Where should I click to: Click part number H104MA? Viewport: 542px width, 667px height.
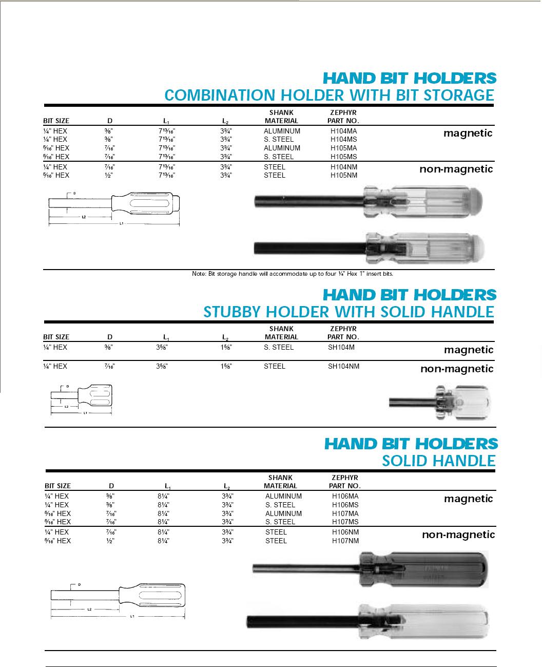pos(344,131)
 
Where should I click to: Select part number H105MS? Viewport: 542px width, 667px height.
pos(344,157)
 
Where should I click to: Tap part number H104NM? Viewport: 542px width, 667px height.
pos(344,167)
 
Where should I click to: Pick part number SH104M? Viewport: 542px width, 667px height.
pos(341,348)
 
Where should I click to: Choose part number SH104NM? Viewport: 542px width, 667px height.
pos(343,367)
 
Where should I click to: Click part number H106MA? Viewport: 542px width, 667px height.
pos(345,497)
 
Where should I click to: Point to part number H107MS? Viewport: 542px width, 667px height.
pos(345,522)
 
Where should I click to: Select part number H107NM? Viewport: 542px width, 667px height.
pos(345,541)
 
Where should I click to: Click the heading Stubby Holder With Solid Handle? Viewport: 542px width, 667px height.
pos(349,312)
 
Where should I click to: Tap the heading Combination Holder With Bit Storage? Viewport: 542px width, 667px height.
pos(328,95)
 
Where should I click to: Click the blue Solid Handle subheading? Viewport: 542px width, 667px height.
pos(439,461)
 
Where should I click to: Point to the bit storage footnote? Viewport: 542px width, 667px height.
pos(293,274)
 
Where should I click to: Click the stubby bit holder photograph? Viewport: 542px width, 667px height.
pos(439,403)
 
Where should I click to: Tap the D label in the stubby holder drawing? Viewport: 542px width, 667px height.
pos(67,386)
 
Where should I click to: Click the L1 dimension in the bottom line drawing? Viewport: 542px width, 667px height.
pos(132,615)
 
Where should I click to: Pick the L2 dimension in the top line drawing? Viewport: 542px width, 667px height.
pos(83,217)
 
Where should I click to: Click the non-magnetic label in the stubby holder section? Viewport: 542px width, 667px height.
pos(457,369)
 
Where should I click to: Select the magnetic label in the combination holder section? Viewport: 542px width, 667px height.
pos(468,134)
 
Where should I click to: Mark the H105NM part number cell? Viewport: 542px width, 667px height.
pos(344,176)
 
